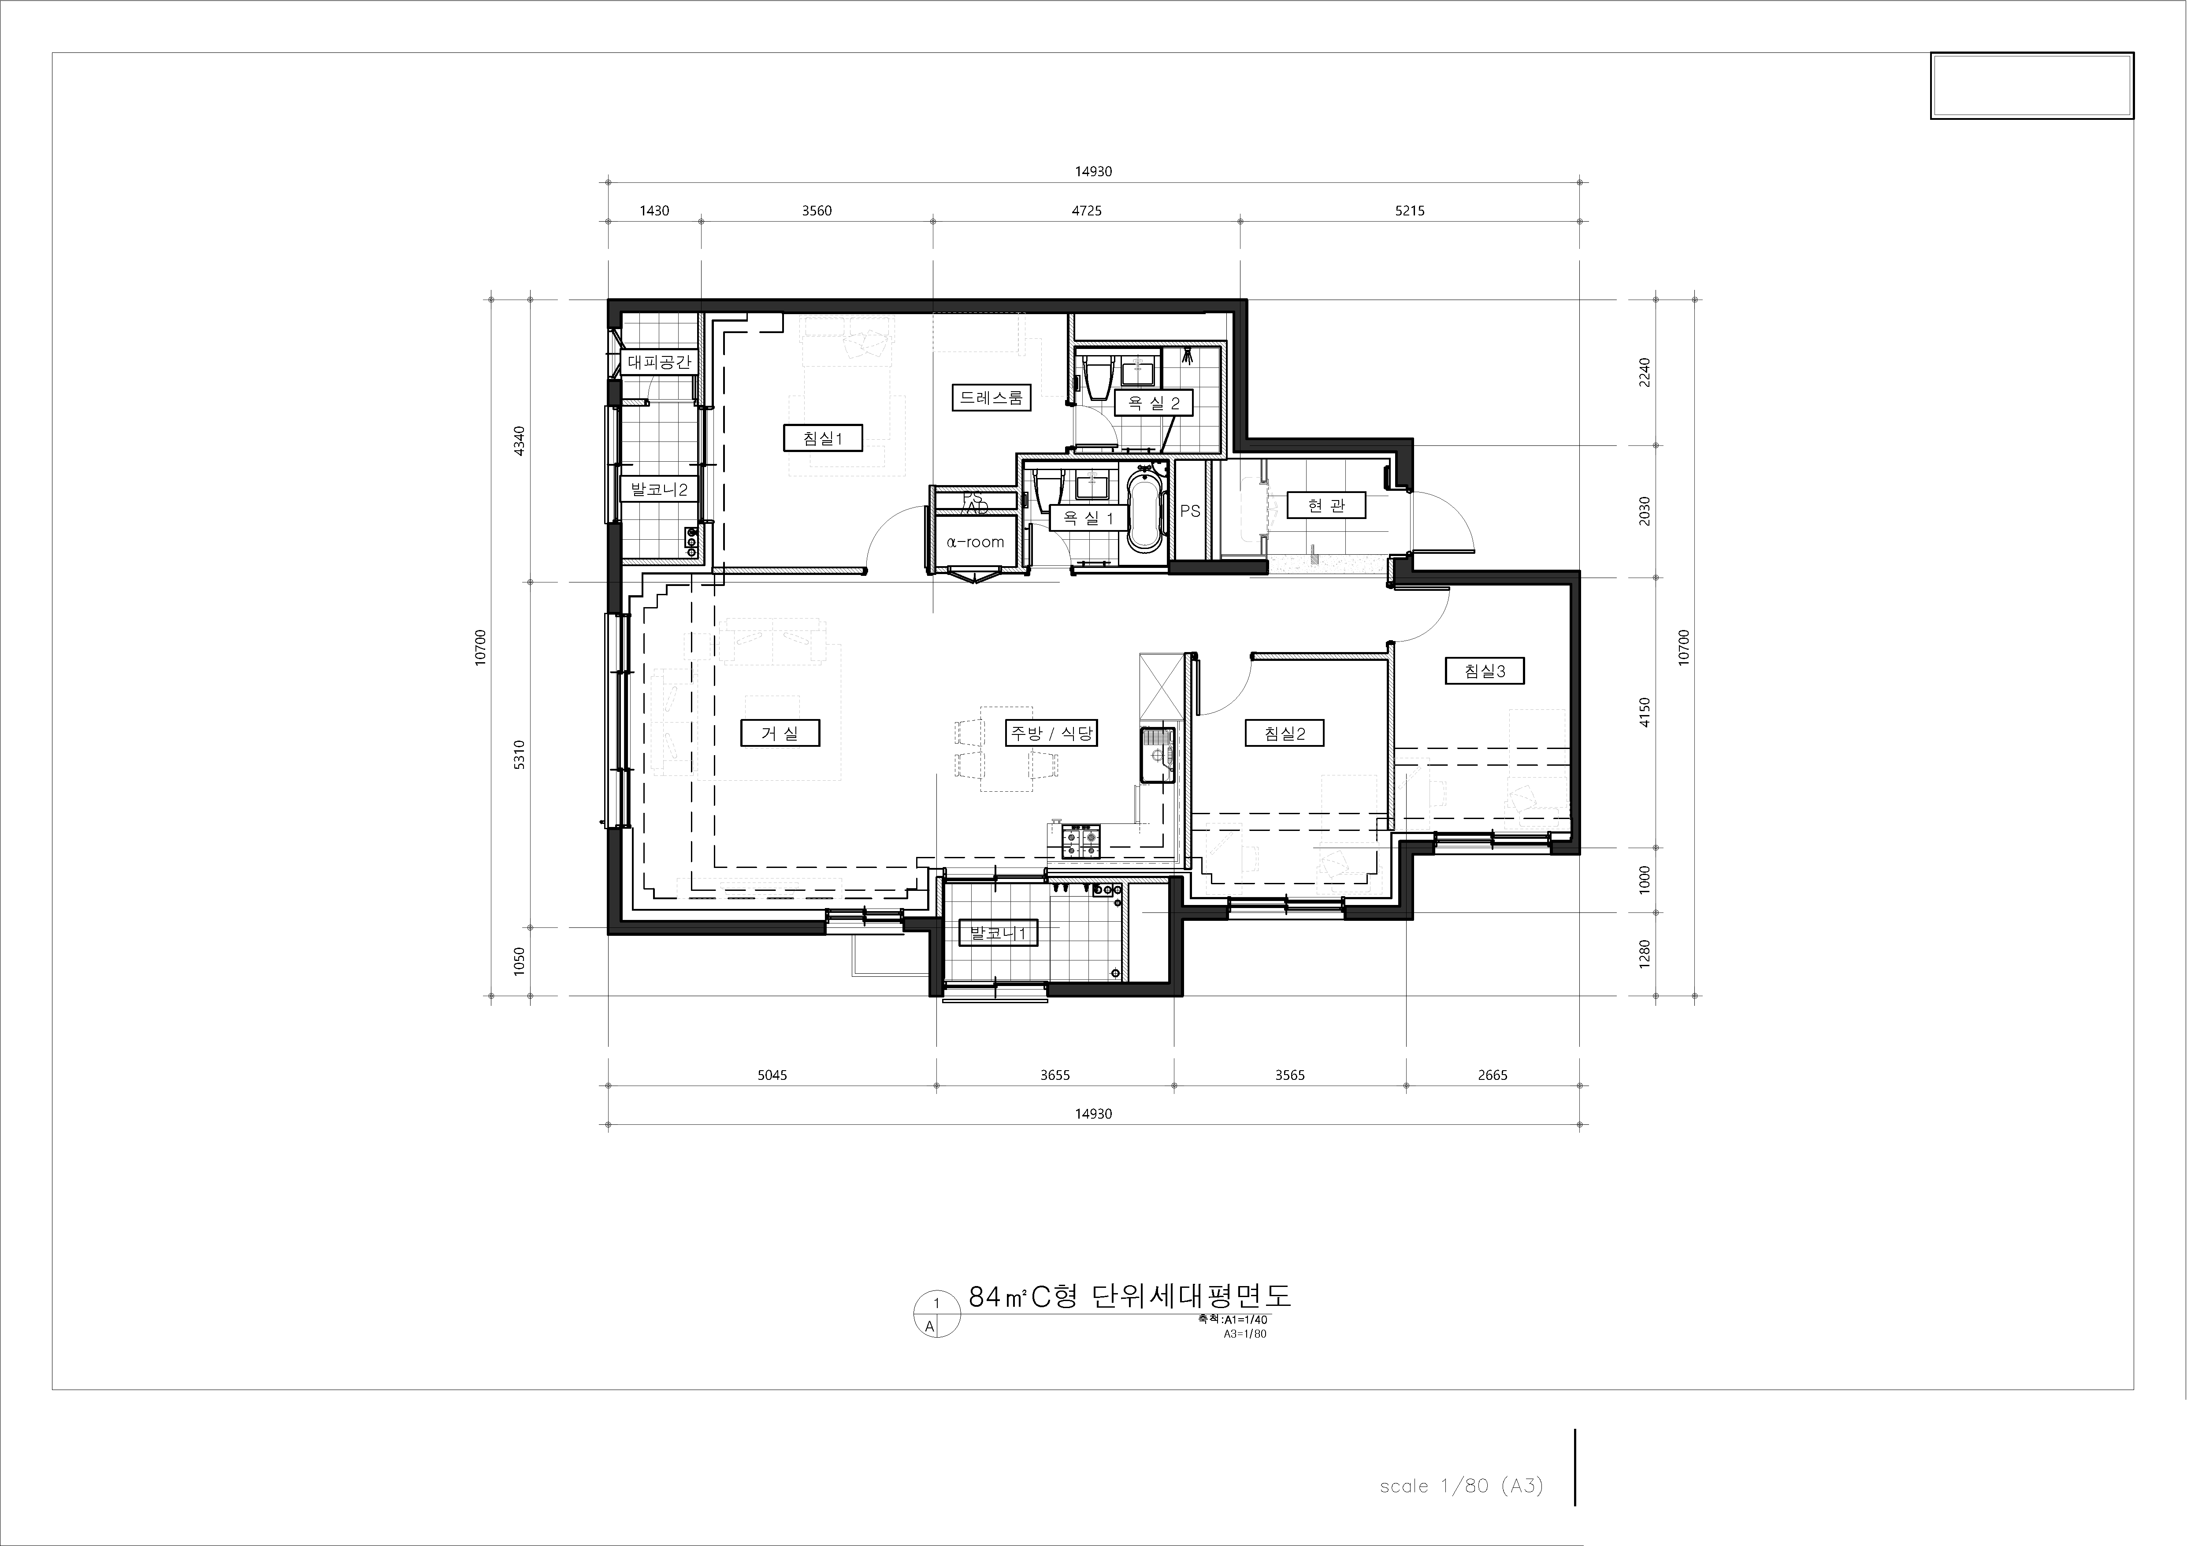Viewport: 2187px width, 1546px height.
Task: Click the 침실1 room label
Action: click(823, 438)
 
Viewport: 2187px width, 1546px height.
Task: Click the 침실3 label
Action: click(1485, 671)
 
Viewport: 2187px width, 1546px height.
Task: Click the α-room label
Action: click(975, 542)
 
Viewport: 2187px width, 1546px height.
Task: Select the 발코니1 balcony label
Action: click(997, 934)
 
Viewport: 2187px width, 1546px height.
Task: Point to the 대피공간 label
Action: click(659, 362)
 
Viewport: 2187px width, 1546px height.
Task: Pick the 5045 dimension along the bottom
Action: click(772, 1075)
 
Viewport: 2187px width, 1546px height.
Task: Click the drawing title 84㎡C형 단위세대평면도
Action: click(1130, 1297)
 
